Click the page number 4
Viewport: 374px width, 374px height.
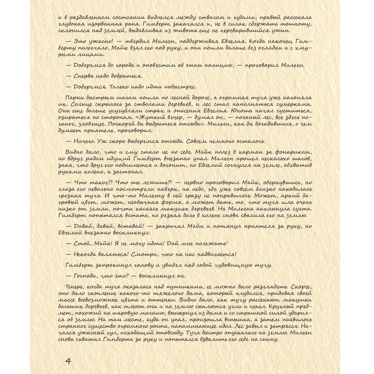68,361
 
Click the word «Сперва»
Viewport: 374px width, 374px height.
84,76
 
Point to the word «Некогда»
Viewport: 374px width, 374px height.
87,254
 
